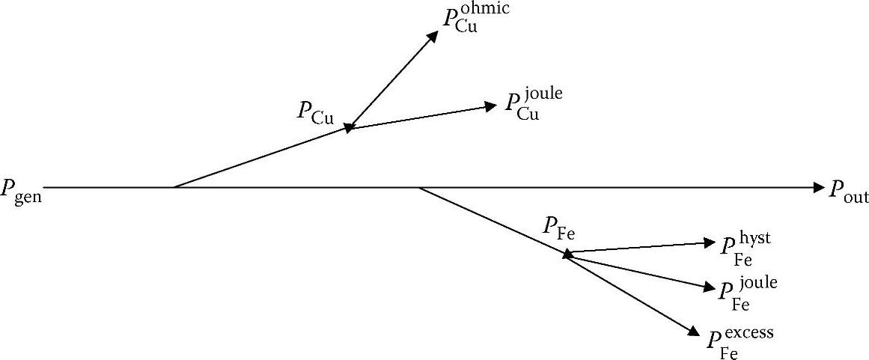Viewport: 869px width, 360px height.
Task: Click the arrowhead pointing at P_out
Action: [x=818, y=188]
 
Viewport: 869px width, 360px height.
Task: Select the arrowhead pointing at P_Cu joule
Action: [x=491, y=106]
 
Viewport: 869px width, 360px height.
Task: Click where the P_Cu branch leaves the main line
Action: [x=174, y=188]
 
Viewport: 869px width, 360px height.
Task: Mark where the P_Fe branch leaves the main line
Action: [x=419, y=188]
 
